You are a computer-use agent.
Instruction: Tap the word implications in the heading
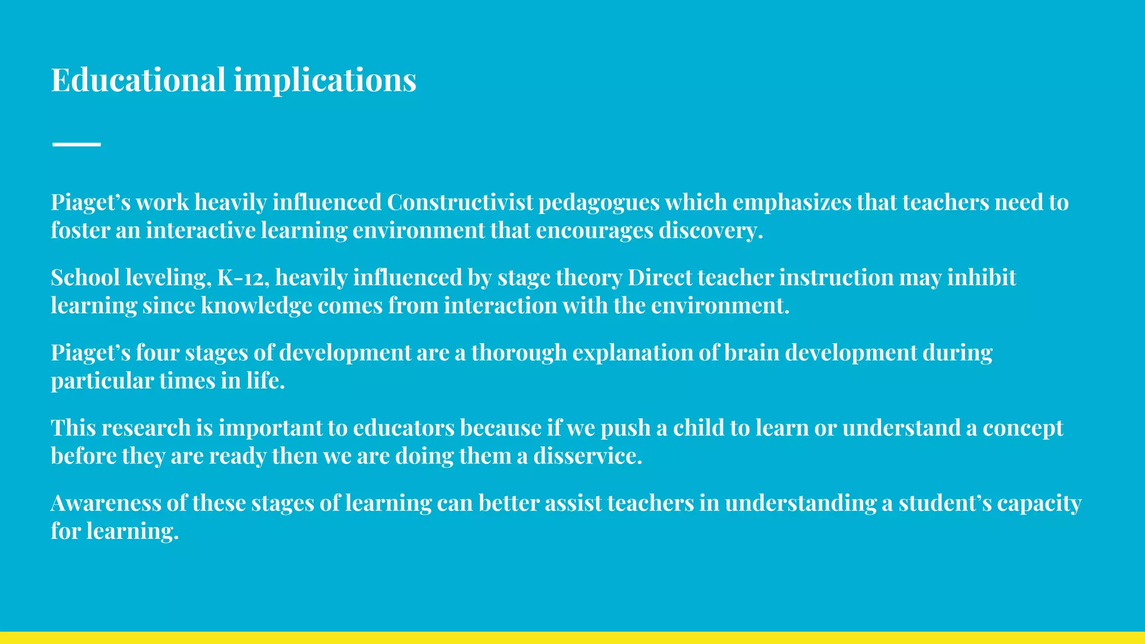coord(325,80)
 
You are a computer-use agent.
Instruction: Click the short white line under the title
coord(77,144)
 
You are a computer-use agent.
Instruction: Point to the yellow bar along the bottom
coord(572,637)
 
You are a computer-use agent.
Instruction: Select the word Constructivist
coord(460,202)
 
